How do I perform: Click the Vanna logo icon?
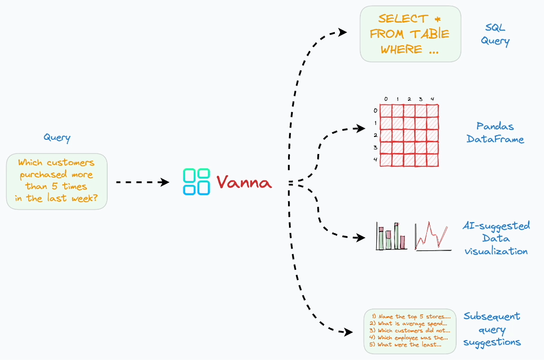coord(196,182)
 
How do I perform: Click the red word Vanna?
coord(244,182)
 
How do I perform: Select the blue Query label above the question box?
coord(57,137)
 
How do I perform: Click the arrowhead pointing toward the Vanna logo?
coord(165,182)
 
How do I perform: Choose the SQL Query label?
coord(495,34)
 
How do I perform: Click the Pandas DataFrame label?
coord(495,133)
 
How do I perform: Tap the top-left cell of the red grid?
coord(386,111)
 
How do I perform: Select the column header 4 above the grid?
coord(432,99)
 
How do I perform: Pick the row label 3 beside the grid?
coord(375,147)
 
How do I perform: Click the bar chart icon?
coord(391,236)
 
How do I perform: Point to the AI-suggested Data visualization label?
coord(496,238)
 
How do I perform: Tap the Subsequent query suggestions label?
coord(492,329)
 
